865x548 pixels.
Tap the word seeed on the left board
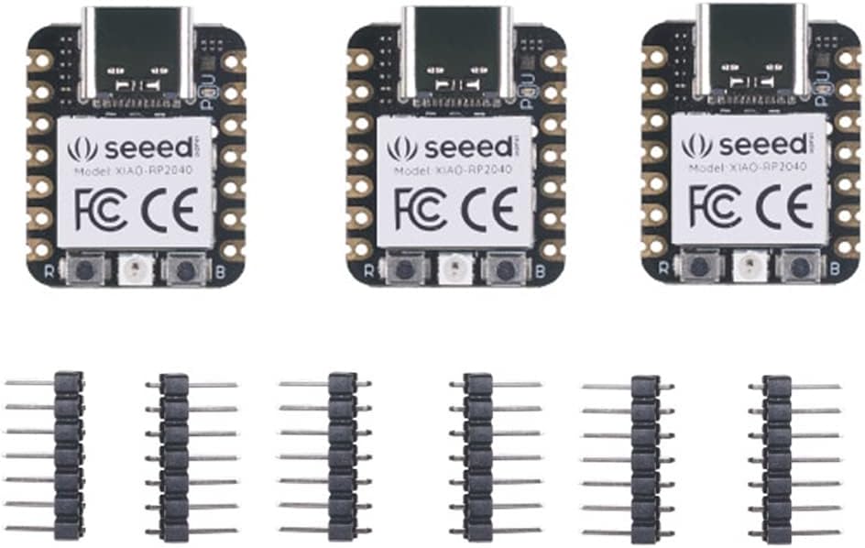(x=147, y=148)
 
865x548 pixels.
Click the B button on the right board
(x=797, y=267)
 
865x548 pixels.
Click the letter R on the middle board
(x=367, y=271)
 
